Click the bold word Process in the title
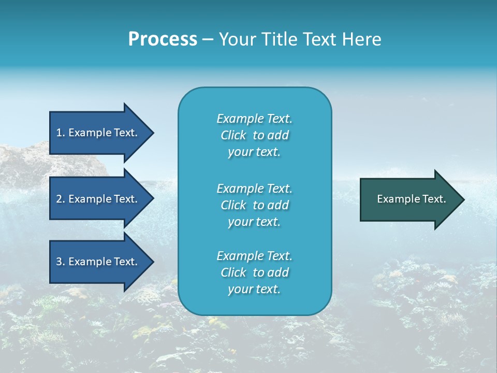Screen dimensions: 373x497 pyautogui.click(x=163, y=39)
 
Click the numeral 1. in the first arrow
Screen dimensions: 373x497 pyautogui.click(x=61, y=133)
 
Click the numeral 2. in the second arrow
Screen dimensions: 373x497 pyautogui.click(x=61, y=199)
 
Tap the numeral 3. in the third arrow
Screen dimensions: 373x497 pyautogui.click(x=61, y=262)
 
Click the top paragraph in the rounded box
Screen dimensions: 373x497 pyautogui.click(x=255, y=135)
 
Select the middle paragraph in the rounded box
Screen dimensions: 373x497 pyautogui.click(x=255, y=205)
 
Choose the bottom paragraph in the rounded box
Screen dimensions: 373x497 pyautogui.click(x=255, y=272)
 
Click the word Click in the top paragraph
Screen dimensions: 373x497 pyautogui.click(x=233, y=135)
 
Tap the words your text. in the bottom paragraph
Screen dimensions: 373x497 pyautogui.click(x=254, y=289)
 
